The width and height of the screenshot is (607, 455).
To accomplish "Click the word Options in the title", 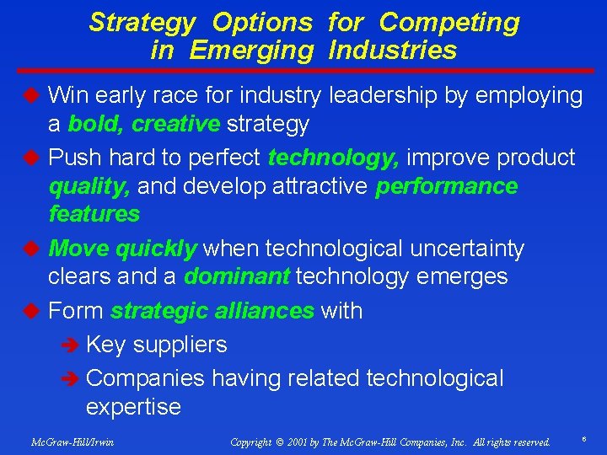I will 262,22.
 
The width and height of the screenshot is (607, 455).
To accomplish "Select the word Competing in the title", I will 449,22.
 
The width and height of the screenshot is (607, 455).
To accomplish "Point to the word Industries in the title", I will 393,51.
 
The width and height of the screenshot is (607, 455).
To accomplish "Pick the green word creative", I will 176,124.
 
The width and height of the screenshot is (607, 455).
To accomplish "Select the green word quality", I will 89,185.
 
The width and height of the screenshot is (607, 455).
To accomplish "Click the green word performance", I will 447,185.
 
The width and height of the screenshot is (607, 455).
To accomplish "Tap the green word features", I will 94,214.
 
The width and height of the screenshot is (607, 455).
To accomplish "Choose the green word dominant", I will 237,276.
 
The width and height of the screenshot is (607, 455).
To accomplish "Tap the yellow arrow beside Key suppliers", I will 72,345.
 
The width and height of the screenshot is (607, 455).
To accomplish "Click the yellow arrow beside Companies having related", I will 72,379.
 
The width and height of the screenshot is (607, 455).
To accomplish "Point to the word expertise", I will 133,408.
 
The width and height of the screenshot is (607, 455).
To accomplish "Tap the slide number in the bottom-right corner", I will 583,440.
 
